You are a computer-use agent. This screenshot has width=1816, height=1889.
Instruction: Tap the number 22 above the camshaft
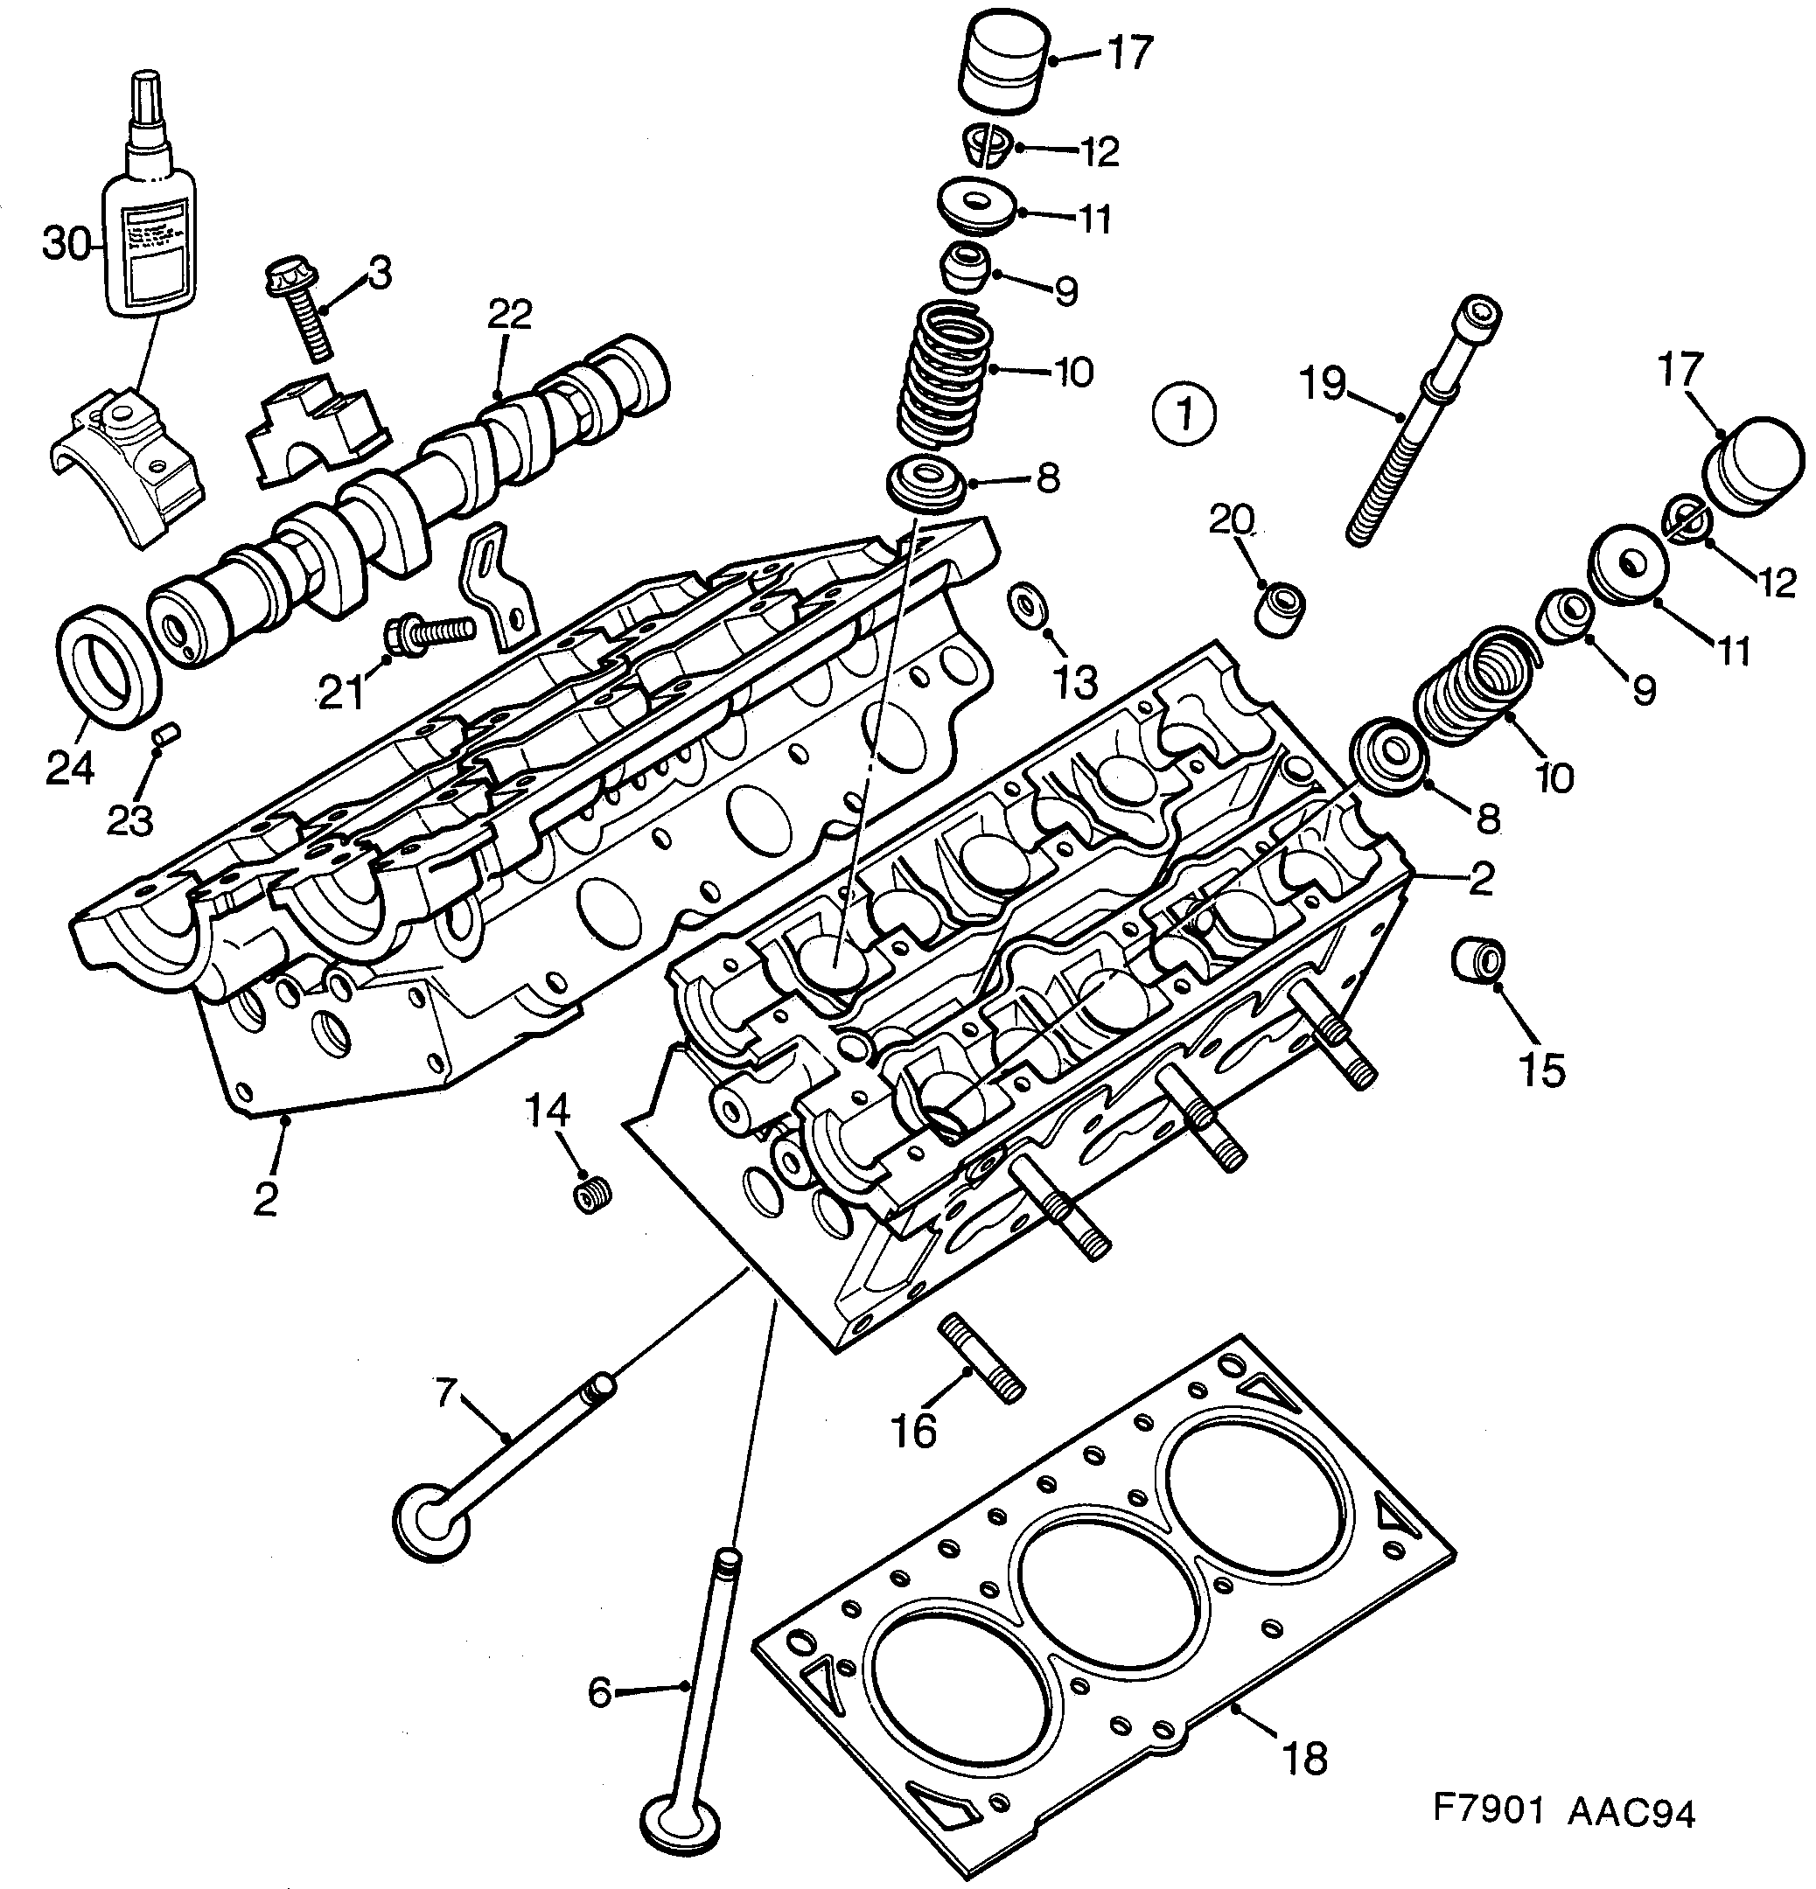tap(509, 314)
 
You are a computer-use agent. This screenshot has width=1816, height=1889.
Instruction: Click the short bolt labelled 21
tap(429, 631)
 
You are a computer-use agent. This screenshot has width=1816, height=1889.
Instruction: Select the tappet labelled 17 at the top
tap(1004, 67)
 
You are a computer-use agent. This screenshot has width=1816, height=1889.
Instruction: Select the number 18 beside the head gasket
tap(1305, 1757)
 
